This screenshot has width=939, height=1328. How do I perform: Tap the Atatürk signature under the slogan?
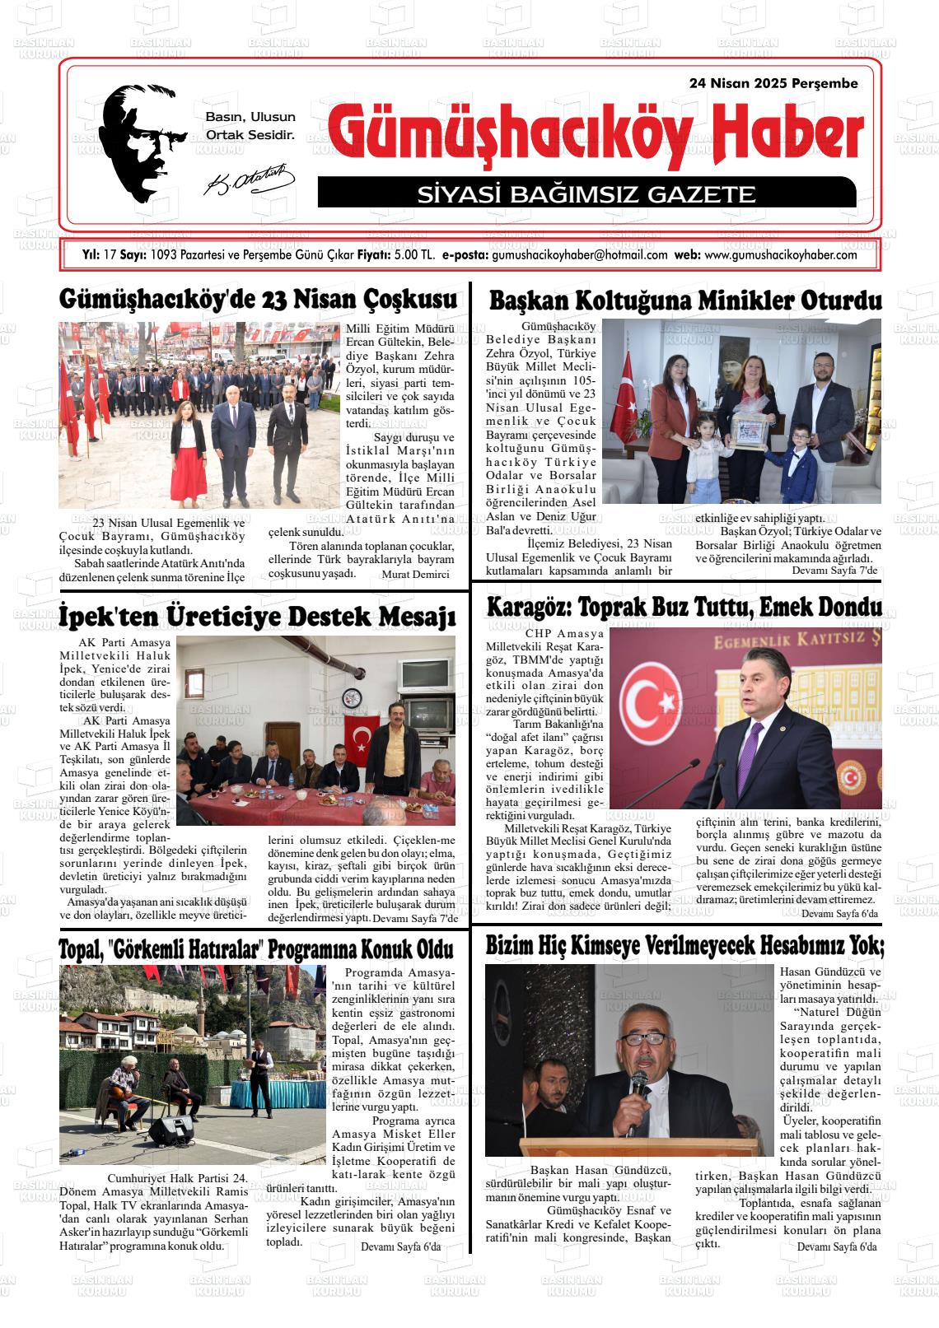pyautogui.click(x=249, y=180)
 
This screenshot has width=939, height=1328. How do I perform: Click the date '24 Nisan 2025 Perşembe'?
pyautogui.click(x=773, y=83)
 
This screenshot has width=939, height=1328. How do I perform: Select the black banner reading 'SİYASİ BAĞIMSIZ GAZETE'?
pyautogui.click(x=586, y=193)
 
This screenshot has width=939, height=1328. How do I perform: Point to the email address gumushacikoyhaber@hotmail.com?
pyautogui.click(x=579, y=255)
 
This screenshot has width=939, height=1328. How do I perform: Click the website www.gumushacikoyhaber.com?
pyautogui.click(x=781, y=255)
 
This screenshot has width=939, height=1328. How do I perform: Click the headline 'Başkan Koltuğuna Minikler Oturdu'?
pyautogui.click(x=684, y=301)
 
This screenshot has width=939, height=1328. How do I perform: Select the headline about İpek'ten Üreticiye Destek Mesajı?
pyautogui.click(x=257, y=616)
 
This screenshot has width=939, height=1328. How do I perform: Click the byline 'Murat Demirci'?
pyautogui.click(x=416, y=575)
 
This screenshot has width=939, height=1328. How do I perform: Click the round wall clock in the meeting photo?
pyautogui.click(x=353, y=698)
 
